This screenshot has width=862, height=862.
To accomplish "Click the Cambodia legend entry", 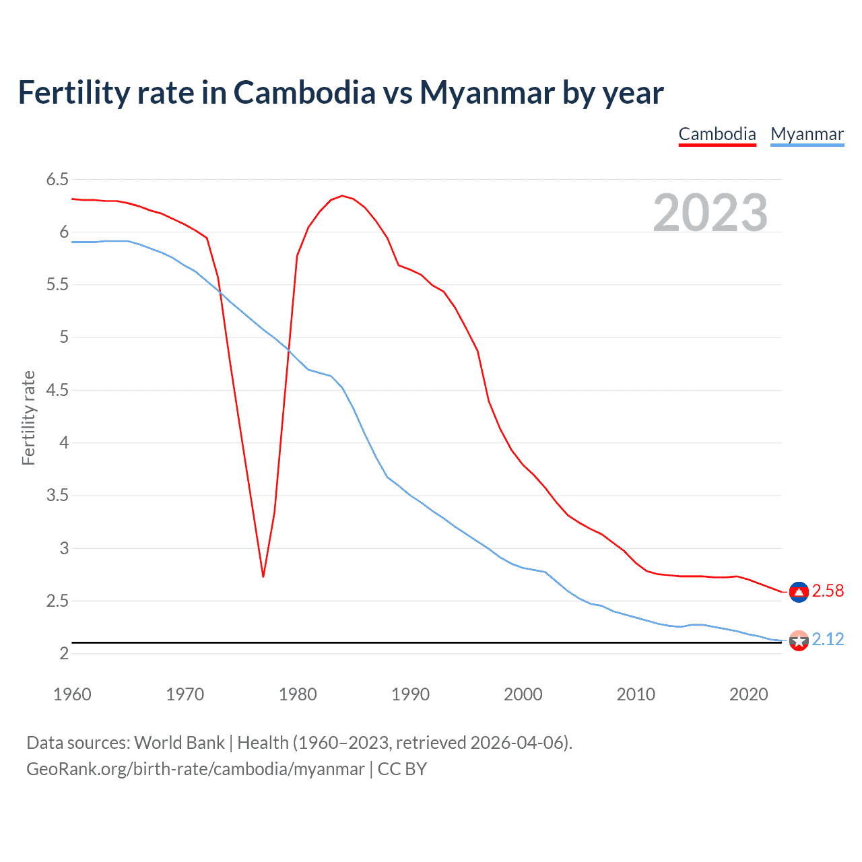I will (x=717, y=134).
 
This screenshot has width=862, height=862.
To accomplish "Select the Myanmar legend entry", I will (x=807, y=134).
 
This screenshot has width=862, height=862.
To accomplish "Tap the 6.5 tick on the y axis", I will (x=57, y=179).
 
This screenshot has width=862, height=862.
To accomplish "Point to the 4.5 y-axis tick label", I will (x=57, y=390).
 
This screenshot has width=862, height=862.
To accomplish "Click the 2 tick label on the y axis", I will (x=64, y=653).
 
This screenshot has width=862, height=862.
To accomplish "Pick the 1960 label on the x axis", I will (x=72, y=694).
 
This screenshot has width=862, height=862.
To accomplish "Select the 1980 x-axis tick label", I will (x=298, y=694).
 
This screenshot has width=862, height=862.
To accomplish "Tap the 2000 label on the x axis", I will (x=523, y=694).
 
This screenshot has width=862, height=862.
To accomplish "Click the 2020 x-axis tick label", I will (x=748, y=694).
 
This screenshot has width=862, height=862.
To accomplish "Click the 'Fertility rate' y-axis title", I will (x=28, y=418).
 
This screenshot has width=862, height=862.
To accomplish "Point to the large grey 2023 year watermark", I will (x=710, y=213).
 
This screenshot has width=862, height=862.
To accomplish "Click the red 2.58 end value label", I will (x=828, y=591).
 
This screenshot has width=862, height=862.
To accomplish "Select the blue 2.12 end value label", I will (x=828, y=639).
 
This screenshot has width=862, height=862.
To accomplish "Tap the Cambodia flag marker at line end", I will (x=799, y=592).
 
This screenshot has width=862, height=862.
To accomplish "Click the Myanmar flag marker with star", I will (x=799, y=640).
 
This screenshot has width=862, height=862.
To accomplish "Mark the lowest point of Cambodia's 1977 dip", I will (x=263, y=576).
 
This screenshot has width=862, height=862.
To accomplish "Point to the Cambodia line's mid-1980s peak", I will (x=342, y=196).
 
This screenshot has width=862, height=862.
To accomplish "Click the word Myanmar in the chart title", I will (x=487, y=92).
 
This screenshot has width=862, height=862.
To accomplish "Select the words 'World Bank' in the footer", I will (x=179, y=743).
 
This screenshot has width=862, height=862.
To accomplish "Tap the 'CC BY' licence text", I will (x=402, y=769).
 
